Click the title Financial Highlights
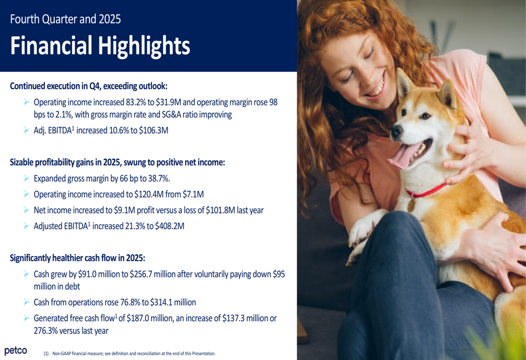(x=99, y=46)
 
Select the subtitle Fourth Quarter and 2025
(x=65, y=19)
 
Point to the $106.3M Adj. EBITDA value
(x=153, y=131)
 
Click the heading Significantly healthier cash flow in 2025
(x=77, y=258)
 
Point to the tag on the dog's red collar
(x=412, y=205)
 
